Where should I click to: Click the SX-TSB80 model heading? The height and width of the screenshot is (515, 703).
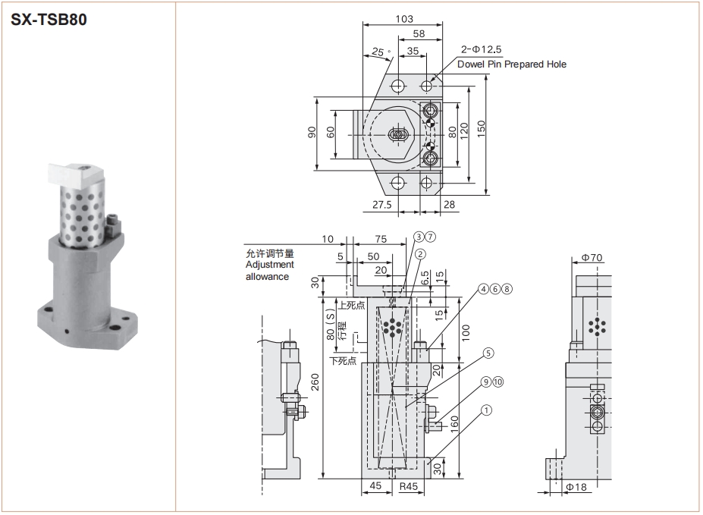click(x=49, y=20)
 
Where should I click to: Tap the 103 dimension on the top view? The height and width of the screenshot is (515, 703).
click(x=404, y=19)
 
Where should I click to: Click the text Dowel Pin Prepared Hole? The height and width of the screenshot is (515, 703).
click(x=512, y=64)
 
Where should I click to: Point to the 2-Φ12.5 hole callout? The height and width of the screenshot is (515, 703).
click(x=481, y=49)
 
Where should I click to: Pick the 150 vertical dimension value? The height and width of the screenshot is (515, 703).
click(x=481, y=129)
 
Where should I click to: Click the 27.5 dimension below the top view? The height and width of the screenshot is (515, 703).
click(x=382, y=205)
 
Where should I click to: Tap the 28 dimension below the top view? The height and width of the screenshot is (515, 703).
click(x=449, y=205)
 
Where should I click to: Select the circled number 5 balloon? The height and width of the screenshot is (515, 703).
click(x=488, y=353)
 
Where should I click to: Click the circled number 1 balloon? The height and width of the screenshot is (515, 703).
click(x=486, y=410)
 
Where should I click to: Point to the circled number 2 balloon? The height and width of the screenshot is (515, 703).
click(x=420, y=254)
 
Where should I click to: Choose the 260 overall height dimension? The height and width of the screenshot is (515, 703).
click(x=315, y=382)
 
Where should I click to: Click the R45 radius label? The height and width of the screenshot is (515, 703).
click(x=409, y=486)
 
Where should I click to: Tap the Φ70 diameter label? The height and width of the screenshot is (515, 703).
click(x=592, y=257)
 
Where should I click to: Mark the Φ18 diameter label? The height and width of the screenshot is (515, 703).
click(x=576, y=487)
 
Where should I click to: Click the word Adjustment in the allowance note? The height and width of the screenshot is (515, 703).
click(x=269, y=265)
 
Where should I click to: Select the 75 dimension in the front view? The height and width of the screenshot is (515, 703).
click(x=381, y=239)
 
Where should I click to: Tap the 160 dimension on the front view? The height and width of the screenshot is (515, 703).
click(x=454, y=425)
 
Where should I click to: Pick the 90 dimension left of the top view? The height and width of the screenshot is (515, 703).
click(x=312, y=132)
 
